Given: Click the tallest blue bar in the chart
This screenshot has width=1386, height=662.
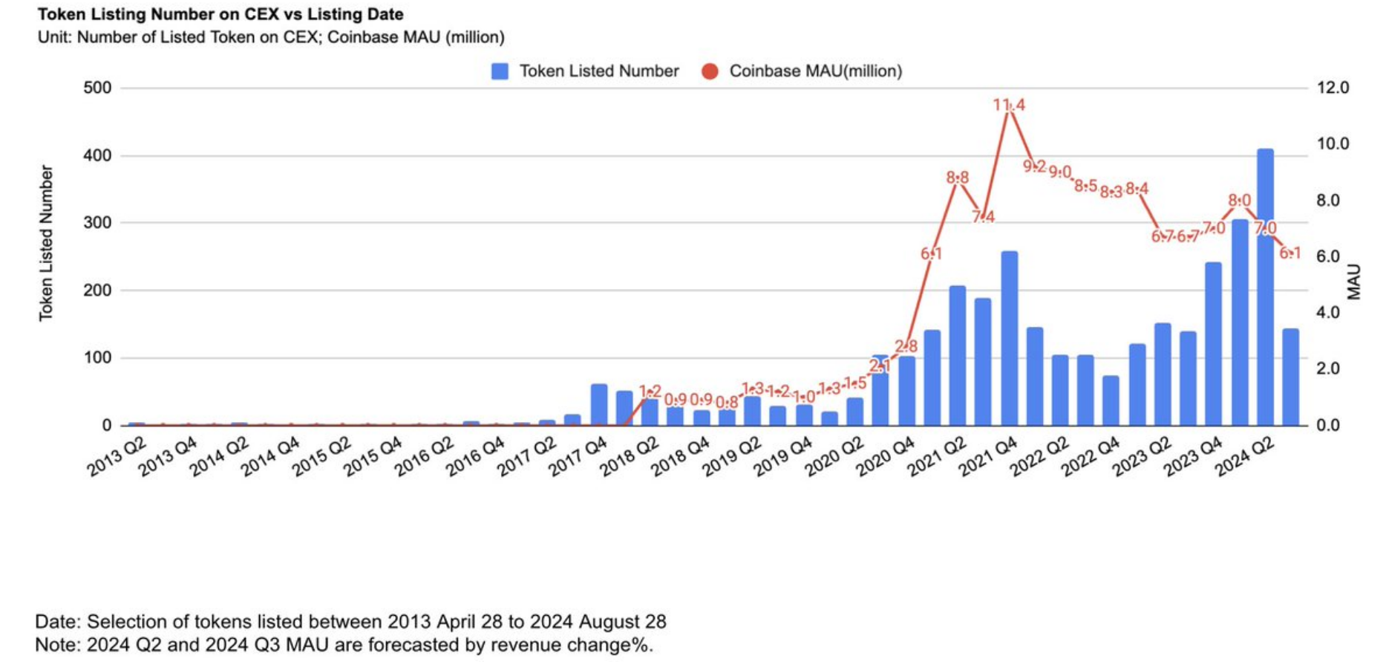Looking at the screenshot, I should [1265, 287].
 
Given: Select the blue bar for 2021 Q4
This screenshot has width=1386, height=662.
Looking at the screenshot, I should [1009, 338].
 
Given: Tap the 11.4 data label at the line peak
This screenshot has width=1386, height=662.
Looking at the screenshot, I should [1009, 106].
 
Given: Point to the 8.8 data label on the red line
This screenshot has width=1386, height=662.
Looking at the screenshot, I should [957, 178].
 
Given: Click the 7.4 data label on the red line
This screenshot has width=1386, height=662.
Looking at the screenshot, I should [983, 217].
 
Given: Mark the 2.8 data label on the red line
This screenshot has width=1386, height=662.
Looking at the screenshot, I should [906, 346].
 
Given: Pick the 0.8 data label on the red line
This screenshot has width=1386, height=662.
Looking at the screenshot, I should [727, 403].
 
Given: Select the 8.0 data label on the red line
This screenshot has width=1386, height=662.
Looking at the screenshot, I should [1239, 201].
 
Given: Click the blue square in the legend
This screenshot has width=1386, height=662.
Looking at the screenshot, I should [500, 71].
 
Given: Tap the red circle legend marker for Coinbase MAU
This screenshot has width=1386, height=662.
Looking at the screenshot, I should [710, 71].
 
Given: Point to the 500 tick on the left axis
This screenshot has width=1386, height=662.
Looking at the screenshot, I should [97, 88].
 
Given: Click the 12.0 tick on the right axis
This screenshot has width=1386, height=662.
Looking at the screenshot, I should [1333, 88].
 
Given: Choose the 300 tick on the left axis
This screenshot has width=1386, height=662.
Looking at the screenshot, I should [97, 223].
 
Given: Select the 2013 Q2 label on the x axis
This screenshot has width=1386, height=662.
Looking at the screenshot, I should [117, 456].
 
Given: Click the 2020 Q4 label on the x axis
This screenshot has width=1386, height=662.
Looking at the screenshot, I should [886, 456].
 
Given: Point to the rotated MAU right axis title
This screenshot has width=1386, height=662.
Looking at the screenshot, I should [1354, 282].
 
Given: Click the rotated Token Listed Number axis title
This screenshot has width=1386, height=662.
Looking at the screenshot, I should [46, 243].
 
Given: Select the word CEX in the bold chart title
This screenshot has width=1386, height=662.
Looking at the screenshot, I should [261, 14].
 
